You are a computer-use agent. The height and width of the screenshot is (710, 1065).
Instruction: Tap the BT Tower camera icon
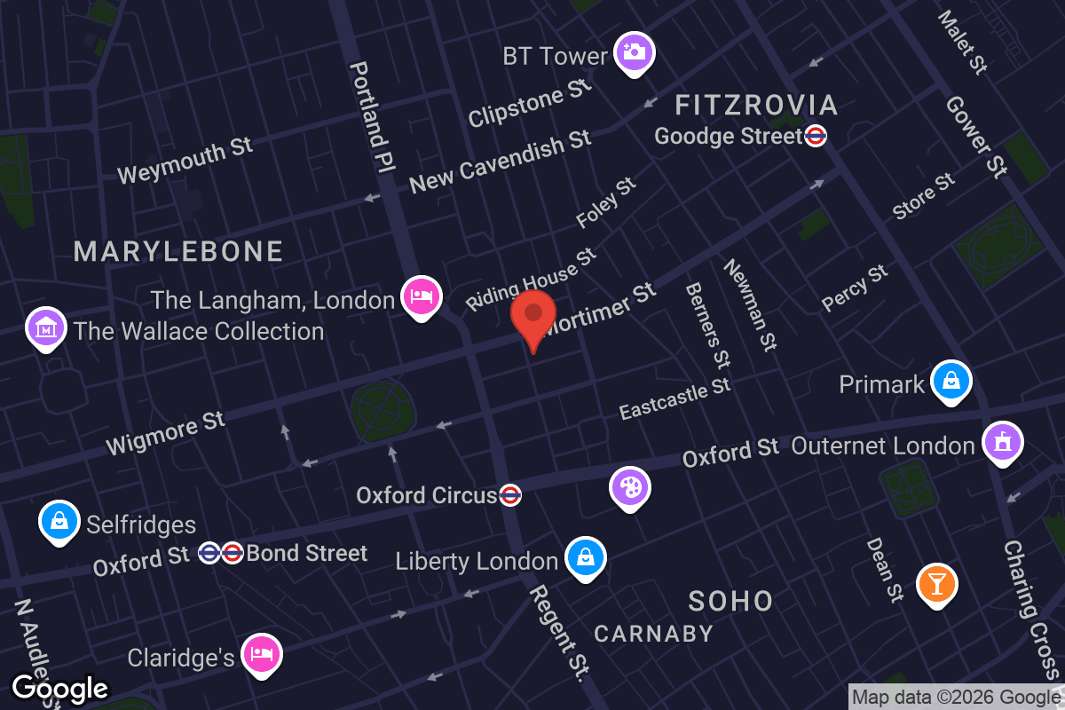point(633,51)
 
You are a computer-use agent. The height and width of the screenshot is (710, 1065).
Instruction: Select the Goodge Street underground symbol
point(816,136)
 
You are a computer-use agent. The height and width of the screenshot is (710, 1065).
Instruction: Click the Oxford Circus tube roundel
point(509,495)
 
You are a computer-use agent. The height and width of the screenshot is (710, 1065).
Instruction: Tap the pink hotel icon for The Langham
point(420,296)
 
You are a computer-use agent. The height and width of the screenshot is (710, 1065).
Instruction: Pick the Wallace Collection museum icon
point(45,327)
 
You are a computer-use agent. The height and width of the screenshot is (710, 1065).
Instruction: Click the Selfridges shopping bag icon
point(58,521)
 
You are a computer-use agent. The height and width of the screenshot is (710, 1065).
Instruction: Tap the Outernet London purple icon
point(1002,441)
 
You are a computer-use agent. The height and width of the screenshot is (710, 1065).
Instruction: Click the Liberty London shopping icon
point(585,556)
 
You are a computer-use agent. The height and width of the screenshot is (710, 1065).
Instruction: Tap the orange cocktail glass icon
point(936,582)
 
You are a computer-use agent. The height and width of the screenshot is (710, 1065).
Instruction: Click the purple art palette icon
point(629,485)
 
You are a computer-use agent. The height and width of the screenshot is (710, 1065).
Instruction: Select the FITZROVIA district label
point(756,106)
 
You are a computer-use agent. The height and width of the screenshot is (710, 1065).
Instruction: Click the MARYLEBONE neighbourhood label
point(178,252)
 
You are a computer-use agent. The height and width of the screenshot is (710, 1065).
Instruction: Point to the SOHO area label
point(730,601)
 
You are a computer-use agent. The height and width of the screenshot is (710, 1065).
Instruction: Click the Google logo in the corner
point(59,689)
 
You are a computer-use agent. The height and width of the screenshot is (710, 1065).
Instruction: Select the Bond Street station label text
point(306,554)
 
